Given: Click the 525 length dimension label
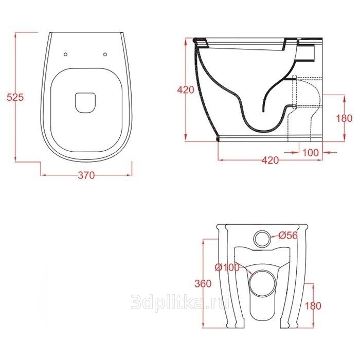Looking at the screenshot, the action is [15, 97].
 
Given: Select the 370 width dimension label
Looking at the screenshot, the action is [86, 175].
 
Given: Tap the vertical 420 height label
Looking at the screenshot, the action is [186, 90].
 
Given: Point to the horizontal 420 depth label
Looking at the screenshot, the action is [270, 160].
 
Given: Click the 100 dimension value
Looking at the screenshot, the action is [311, 152].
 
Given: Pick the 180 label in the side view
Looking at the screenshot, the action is [344, 118].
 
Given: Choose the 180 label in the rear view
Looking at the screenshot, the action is [313, 306].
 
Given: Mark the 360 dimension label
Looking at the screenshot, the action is [203, 284].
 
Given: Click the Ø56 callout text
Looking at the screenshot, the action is [288, 235].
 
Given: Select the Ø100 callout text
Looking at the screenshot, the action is [227, 267].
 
